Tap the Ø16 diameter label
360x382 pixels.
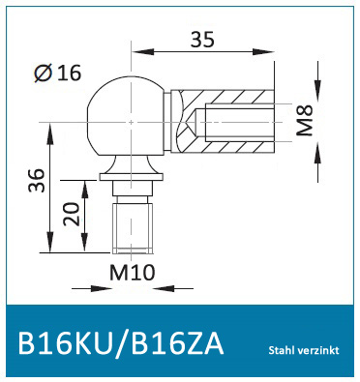click(x=56, y=73)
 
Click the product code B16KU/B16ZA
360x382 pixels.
click(x=119, y=345)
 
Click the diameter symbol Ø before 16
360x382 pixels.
click(x=41, y=73)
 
